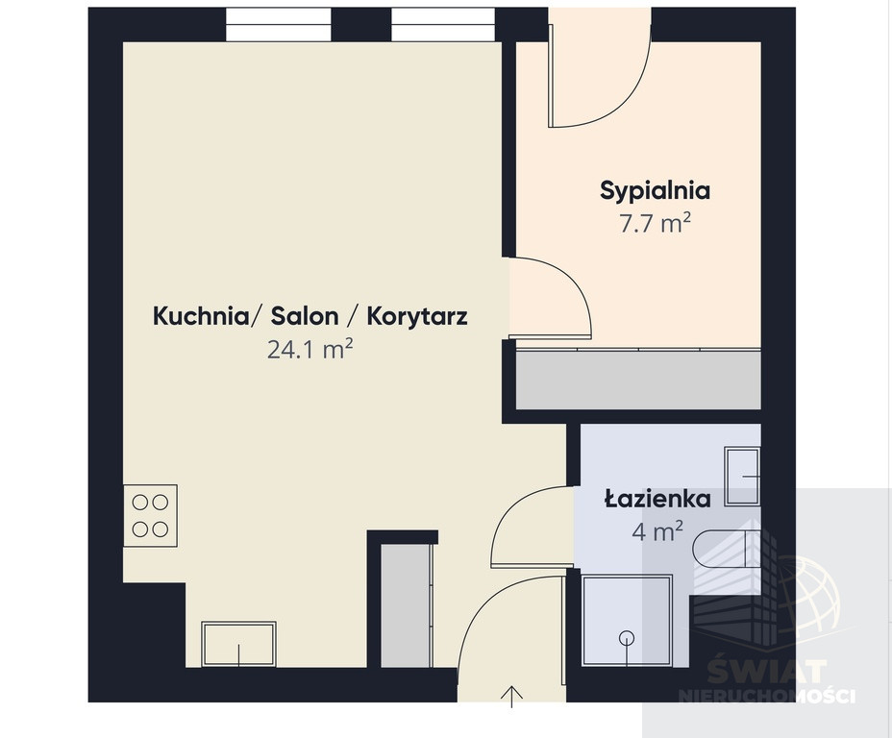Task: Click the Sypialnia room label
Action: coord(655,191)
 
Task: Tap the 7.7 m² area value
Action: coord(655,224)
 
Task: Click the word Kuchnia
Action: coord(201,316)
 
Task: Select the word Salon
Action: coord(305,316)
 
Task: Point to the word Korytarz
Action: coord(417,317)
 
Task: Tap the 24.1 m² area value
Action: coord(310,349)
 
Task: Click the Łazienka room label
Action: coord(657,499)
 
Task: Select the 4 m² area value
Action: coord(657,531)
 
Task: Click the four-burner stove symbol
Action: coord(150,516)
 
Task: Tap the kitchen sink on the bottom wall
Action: coord(239,644)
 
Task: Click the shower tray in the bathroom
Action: coord(627,621)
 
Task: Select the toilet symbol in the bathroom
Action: coord(727,549)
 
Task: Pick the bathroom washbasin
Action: coord(742,476)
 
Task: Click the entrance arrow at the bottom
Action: coord(512,697)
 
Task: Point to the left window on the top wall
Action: coord(278,24)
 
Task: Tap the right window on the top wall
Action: coord(443,24)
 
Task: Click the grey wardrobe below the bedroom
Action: coord(638,380)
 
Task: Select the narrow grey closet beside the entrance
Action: coord(406,605)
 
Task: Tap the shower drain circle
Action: coord(627,638)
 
